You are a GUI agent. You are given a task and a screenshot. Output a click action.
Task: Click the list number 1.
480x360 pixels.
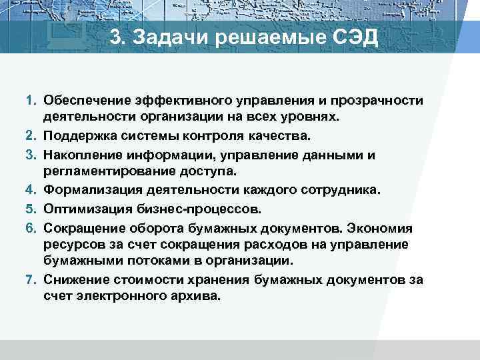pyautogui.click(x=31, y=100)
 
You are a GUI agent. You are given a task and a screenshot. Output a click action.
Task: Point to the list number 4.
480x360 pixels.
pyautogui.click(x=31, y=190)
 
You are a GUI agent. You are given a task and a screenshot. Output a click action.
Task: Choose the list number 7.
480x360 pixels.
pyautogui.click(x=31, y=280)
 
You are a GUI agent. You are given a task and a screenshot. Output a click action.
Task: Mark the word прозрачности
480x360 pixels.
pyautogui.click(x=381, y=100)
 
